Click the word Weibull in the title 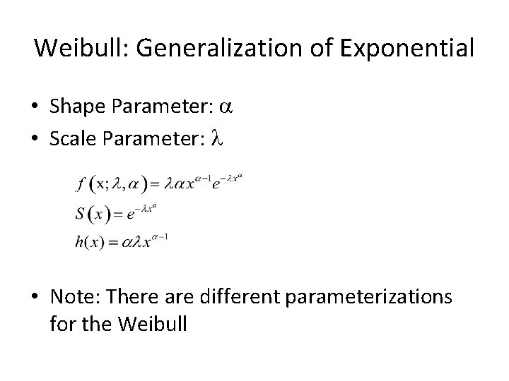71,49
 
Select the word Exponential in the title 408,49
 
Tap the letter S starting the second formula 79,212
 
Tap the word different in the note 233,296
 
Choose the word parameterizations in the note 368,296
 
